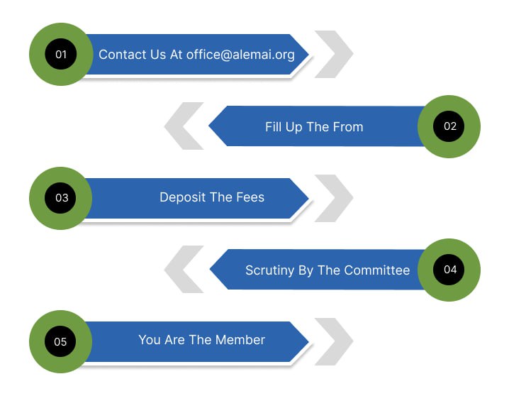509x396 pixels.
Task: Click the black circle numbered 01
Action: pyautogui.click(x=61, y=55)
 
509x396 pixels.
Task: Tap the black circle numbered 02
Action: pyautogui.click(x=449, y=126)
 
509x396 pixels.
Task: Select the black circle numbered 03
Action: pyautogui.click(x=61, y=198)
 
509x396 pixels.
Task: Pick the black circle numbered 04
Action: pyautogui.click(x=449, y=270)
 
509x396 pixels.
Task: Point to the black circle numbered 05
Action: pyautogui.click(x=61, y=341)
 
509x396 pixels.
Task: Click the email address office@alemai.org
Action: pyautogui.click(x=240, y=55)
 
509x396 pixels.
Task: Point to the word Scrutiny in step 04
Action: pyautogui.click(x=270, y=270)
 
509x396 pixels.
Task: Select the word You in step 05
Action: pyautogui.click(x=150, y=340)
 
